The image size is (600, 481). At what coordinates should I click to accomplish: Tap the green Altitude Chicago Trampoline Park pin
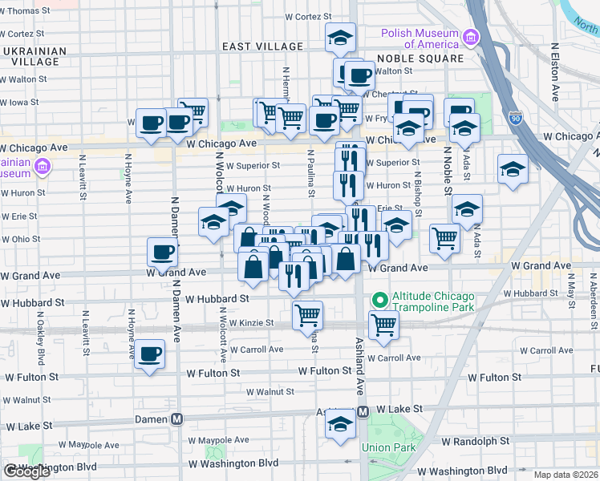pos(379,301)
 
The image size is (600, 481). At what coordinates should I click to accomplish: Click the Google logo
pos(26,471)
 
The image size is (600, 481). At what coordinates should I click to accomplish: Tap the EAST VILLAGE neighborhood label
pos(261,47)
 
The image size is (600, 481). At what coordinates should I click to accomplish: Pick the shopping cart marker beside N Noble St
pos(444,236)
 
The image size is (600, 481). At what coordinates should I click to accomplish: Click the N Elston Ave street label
pos(555,77)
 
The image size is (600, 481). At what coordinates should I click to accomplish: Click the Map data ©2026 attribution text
pos(565,475)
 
